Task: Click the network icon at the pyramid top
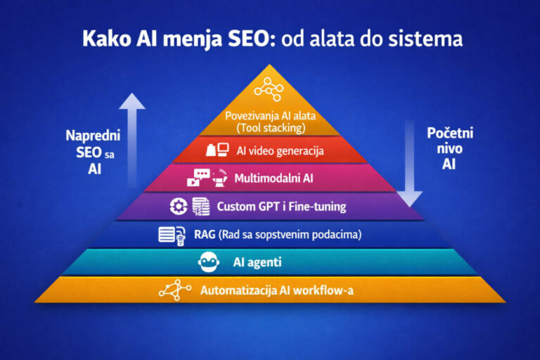[x=269, y=88]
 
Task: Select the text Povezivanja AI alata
[x=269, y=117]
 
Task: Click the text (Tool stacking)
[x=269, y=129]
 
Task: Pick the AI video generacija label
[x=279, y=150]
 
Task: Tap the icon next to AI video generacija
[x=217, y=149]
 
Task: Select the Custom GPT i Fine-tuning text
[x=281, y=207]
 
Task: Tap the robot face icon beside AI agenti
[x=209, y=263]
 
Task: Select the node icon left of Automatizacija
[x=176, y=289]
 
